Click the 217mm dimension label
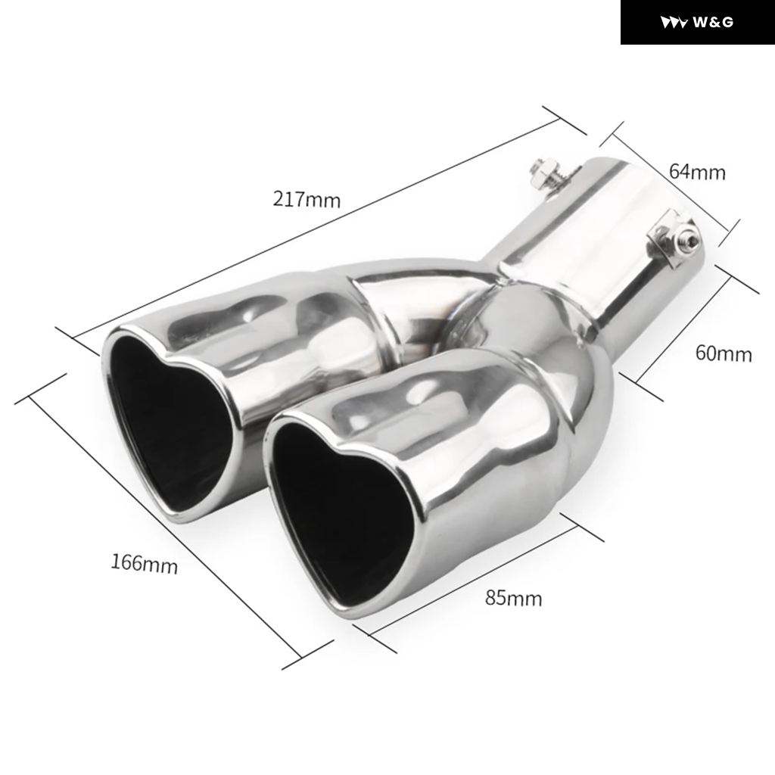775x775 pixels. [x=307, y=199]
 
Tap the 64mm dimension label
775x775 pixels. [x=697, y=172]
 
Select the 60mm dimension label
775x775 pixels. [x=724, y=353]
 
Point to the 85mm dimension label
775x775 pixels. [x=514, y=598]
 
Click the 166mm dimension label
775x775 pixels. [x=144, y=563]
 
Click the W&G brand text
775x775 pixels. [x=713, y=22]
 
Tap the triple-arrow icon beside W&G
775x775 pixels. [x=674, y=23]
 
